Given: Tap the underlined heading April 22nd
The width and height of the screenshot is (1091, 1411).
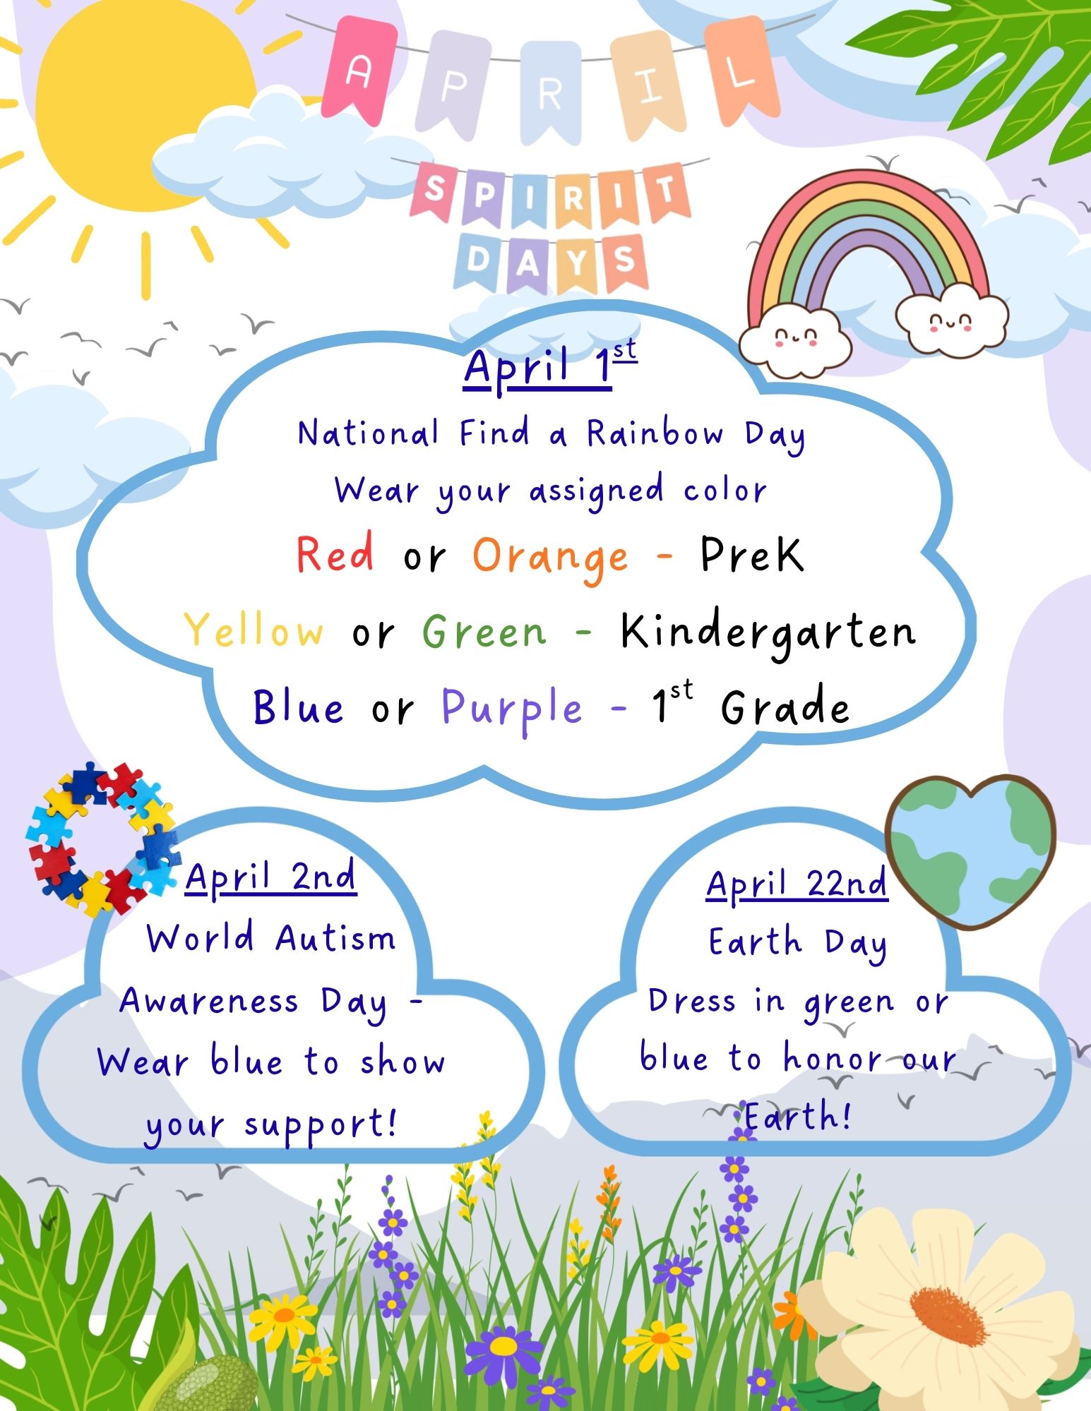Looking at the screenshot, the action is point(797,885).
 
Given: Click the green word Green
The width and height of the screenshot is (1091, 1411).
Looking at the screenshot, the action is point(484,630).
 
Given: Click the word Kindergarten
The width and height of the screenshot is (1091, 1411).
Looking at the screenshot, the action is point(768,632).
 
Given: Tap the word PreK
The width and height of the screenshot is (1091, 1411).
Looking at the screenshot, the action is point(752,554).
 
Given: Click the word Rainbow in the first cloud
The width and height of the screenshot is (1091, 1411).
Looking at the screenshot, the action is point(655,433).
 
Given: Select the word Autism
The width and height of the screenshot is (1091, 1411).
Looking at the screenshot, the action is point(335,939).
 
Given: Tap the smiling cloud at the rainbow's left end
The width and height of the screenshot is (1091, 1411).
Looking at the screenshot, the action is point(795,341).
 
